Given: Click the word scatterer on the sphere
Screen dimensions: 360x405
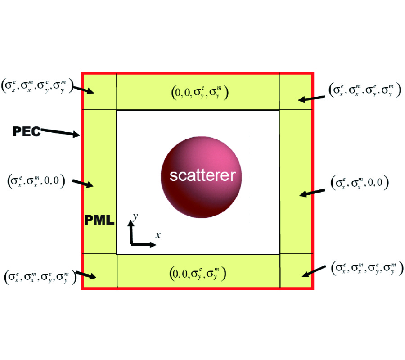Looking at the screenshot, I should [202, 175].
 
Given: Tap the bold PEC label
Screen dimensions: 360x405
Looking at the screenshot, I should [27, 131].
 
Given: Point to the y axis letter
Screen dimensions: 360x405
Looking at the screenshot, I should [135, 217].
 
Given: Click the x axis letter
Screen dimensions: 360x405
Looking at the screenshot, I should [158, 234].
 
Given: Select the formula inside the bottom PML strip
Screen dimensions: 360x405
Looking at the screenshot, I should [198, 273].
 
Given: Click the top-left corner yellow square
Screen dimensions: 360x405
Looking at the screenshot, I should [99, 91].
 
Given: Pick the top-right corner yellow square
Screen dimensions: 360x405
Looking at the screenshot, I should [296, 91].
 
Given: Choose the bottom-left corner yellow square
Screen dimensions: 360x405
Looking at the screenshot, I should [99, 270].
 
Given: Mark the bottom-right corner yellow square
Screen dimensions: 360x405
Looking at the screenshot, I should [296, 270].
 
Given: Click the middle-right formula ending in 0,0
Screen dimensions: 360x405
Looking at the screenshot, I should [359, 183].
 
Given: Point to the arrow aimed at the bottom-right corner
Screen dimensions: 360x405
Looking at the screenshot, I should [313, 271].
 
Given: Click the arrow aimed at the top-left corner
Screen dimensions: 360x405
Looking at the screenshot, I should [84, 89].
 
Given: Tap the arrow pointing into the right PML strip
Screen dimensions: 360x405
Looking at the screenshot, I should [312, 193].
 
